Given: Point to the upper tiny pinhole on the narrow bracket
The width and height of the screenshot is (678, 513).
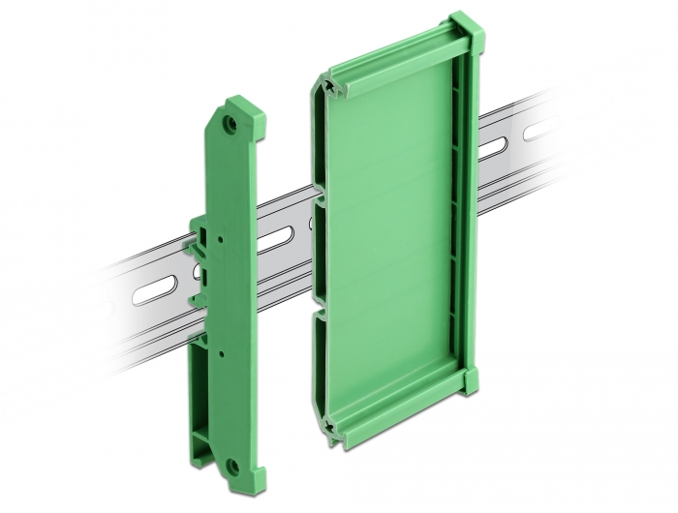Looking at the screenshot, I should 222,235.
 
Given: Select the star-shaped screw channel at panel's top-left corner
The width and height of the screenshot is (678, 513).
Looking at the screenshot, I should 334,88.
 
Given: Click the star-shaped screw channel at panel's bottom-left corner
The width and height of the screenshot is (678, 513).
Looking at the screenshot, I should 335,424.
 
